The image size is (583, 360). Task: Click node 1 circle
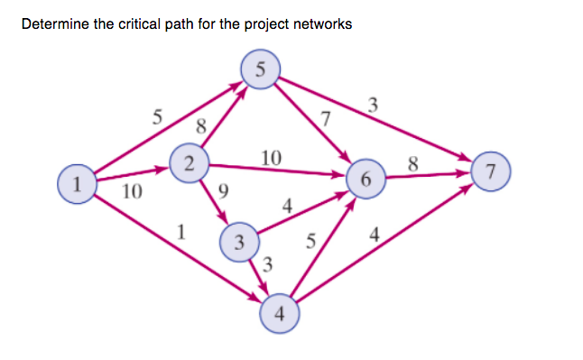(x=77, y=184)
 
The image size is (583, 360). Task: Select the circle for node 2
(x=188, y=163)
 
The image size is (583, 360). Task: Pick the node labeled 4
(x=279, y=314)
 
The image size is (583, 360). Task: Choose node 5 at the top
(x=262, y=69)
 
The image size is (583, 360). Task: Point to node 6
(x=365, y=180)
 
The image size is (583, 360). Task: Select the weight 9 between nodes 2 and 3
(x=224, y=190)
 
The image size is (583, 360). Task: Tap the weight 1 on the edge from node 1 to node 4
(x=182, y=231)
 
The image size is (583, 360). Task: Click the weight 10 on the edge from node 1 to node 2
(x=131, y=191)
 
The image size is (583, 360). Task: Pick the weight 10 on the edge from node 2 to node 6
(x=270, y=158)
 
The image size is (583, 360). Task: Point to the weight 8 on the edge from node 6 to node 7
(x=413, y=163)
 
